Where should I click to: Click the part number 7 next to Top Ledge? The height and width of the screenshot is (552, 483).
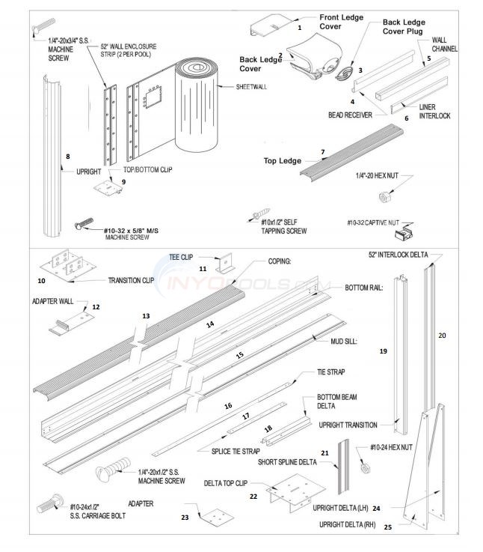(322, 152)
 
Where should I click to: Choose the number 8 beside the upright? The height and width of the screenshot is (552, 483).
(68, 157)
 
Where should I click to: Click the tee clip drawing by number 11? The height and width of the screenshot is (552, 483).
(224, 264)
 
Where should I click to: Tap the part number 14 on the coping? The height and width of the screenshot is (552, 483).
(210, 324)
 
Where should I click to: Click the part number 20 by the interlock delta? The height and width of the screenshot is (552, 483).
(442, 335)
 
